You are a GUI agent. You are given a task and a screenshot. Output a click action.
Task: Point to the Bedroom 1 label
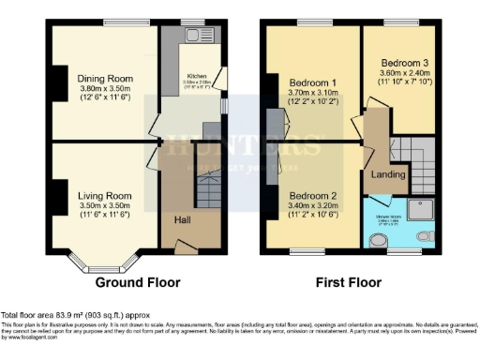pos(313,82)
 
